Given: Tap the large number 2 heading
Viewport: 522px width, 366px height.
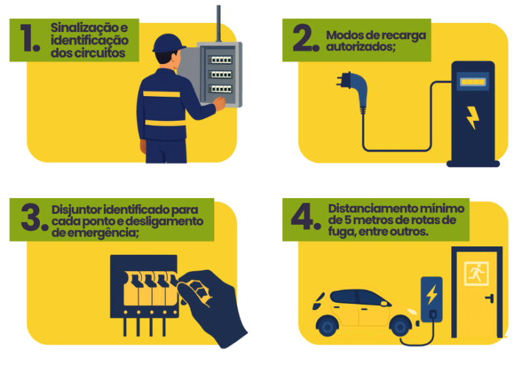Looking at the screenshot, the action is (303, 38).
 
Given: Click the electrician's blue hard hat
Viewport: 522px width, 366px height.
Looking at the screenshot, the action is (169, 43).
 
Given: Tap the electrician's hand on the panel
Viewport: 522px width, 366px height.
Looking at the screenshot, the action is (220, 103).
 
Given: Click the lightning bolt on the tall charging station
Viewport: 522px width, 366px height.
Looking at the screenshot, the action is (472, 118).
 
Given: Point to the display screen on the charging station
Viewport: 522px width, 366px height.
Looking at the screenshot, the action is (473, 82).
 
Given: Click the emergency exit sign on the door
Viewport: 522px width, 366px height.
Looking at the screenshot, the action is (476, 273).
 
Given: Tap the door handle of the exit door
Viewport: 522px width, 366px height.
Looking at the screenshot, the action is (490, 298).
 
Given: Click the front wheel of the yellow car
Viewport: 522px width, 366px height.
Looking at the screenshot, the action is (400, 326).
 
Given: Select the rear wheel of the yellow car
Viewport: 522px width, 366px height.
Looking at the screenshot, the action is (327, 326).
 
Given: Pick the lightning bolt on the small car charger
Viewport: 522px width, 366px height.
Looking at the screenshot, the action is (432, 294).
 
